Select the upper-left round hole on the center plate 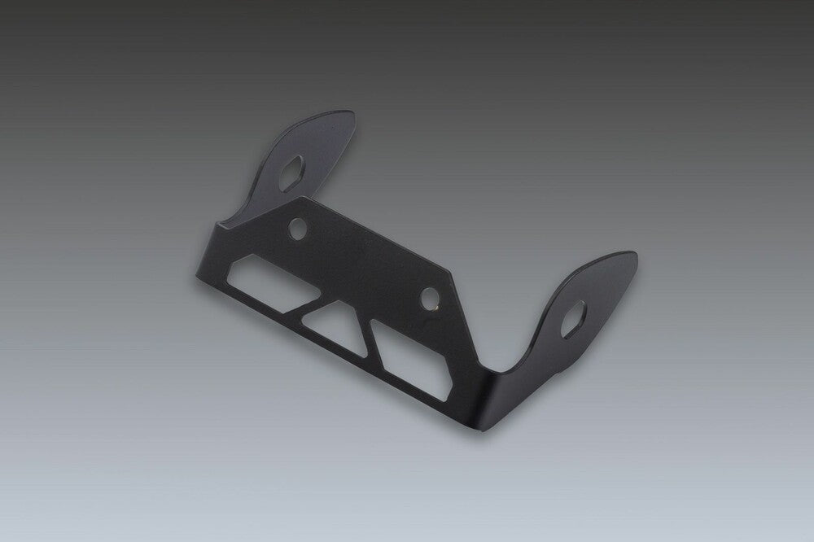(x=300, y=227)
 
